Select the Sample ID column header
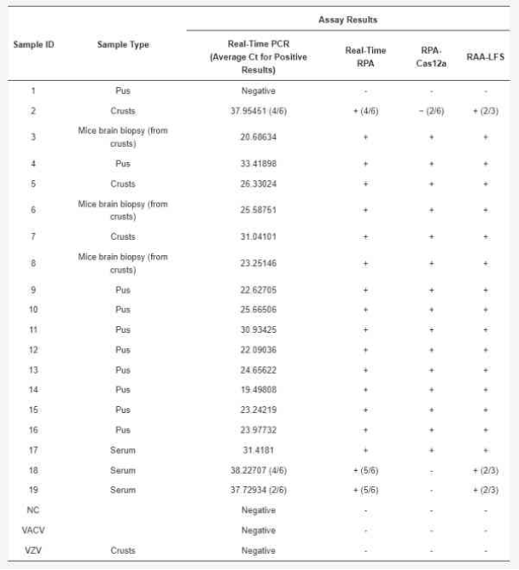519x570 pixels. pyautogui.click(x=33, y=44)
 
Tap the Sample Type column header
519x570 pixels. pyautogui.click(x=122, y=44)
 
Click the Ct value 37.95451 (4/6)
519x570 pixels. pyautogui.click(x=258, y=111)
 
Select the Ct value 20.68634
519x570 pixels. pyautogui.click(x=258, y=137)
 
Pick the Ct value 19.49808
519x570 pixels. pyautogui.click(x=258, y=389)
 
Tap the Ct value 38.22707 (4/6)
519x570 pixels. pyautogui.click(x=258, y=470)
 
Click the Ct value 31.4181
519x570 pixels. pyautogui.click(x=258, y=450)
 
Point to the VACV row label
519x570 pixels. pyautogui.click(x=32, y=531)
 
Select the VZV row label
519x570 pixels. pyautogui.click(x=32, y=550)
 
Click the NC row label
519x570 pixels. pyautogui.click(x=32, y=510)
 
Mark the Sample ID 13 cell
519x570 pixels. pyautogui.click(x=32, y=369)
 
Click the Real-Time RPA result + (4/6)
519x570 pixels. pyautogui.click(x=366, y=111)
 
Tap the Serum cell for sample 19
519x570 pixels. pyautogui.click(x=122, y=490)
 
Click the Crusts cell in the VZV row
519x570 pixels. pyautogui.click(x=122, y=550)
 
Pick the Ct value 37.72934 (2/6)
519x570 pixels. pyautogui.click(x=258, y=490)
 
